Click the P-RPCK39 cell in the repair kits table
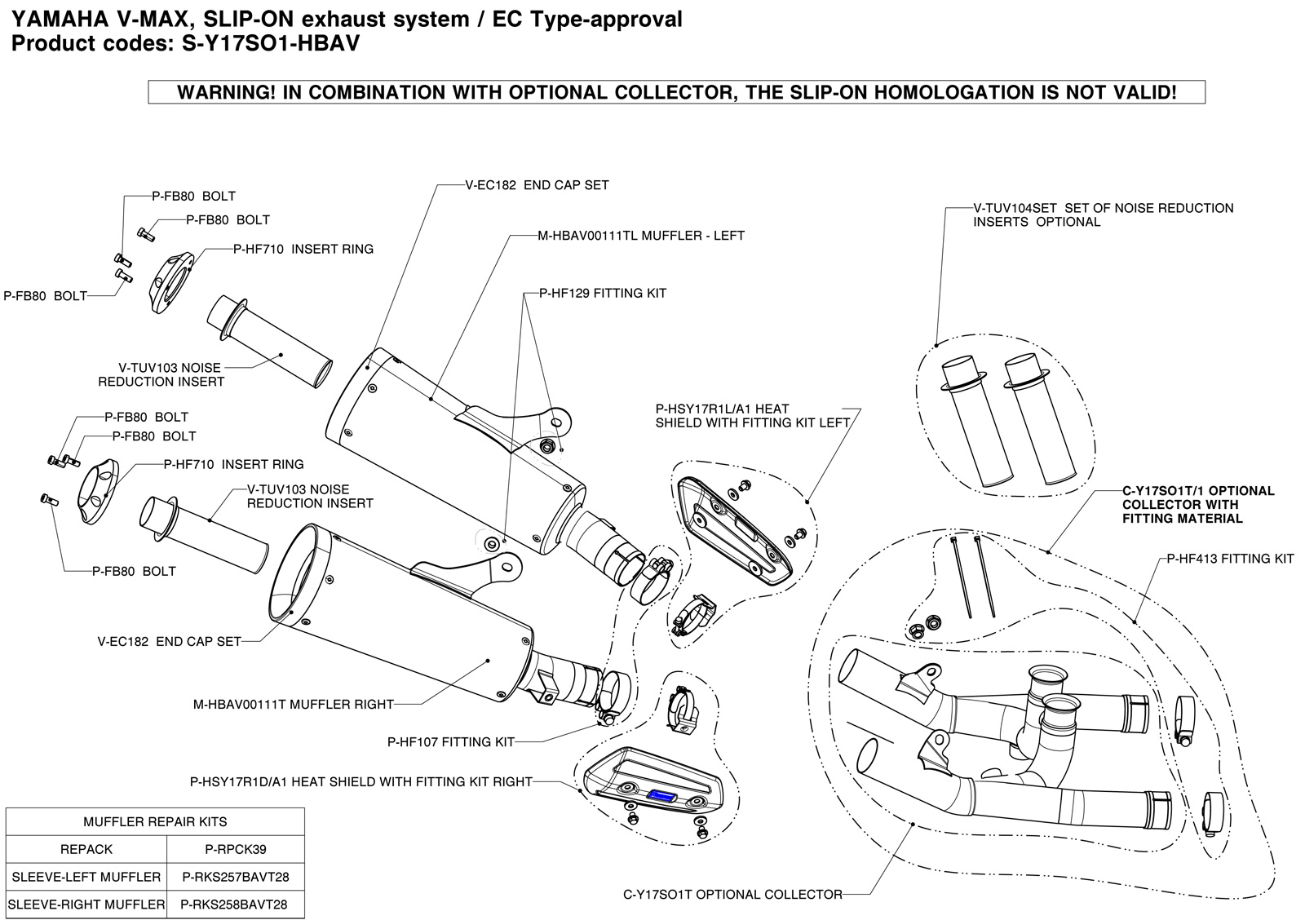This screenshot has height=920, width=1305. coord(235,849)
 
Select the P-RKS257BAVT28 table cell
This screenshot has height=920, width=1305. coord(235,877)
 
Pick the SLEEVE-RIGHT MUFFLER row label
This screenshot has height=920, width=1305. coord(86,905)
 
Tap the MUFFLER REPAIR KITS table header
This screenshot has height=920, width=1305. coord(155,821)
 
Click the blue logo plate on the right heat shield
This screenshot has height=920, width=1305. coord(661,794)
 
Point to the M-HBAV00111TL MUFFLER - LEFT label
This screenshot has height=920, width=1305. coord(641,236)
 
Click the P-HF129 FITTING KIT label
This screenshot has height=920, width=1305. coord(603,293)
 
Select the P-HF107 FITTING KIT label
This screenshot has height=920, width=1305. coord(451,742)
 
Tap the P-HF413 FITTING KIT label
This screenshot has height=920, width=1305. coord(1230,559)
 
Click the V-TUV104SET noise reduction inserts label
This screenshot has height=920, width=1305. coord(1103,215)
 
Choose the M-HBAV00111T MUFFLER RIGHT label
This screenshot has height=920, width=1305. coord(294,704)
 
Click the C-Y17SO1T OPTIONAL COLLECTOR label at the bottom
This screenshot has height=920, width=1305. coord(732,895)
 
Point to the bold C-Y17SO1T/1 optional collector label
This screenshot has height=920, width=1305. coord(1197,504)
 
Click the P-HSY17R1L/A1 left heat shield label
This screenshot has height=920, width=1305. coord(752,416)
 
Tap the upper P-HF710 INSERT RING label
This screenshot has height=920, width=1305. coord(303,249)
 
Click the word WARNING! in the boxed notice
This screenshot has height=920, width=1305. coord(224,92)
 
